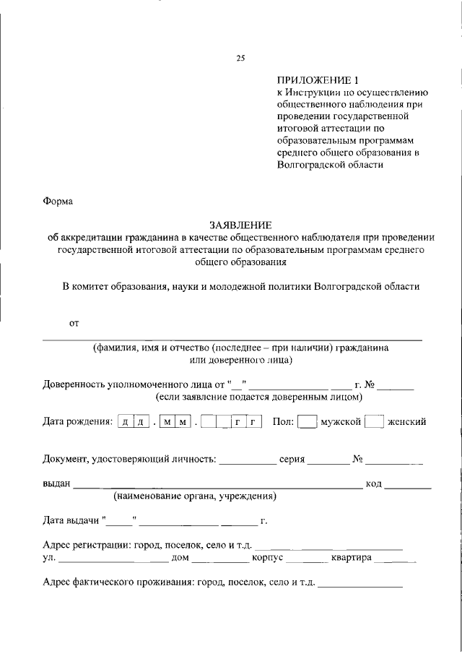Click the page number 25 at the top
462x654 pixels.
click(240, 59)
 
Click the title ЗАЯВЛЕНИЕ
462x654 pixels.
click(240, 225)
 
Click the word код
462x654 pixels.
click(373, 483)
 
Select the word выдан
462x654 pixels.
click(56, 483)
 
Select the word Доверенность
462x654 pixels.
click(77, 384)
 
